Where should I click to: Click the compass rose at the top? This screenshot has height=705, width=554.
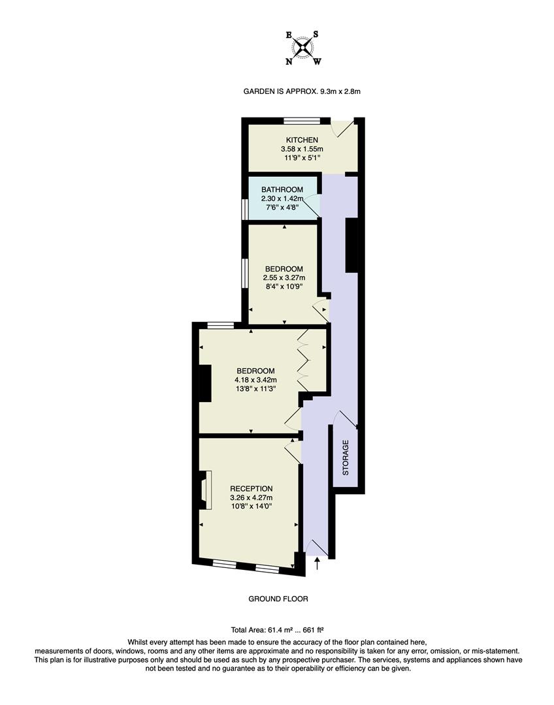pyautogui.click(x=303, y=48)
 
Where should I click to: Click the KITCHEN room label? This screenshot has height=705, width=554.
pyautogui.click(x=302, y=140)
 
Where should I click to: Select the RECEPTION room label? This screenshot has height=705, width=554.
pyautogui.click(x=251, y=488)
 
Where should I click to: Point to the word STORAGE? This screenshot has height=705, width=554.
pyautogui.click(x=346, y=457)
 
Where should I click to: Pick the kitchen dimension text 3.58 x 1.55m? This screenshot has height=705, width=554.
pyautogui.click(x=302, y=149)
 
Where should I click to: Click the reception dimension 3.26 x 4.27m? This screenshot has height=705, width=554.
pyautogui.click(x=251, y=497)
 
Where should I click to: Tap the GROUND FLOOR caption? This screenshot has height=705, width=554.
pyautogui.click(x=278, y=599)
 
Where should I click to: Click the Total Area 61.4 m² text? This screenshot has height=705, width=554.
pyautogui.click(x=278, y=630)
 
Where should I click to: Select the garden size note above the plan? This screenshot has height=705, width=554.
pyautogui.click(x=302, y=92)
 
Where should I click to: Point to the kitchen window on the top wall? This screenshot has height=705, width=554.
pyautogui.click(x=302, y=120)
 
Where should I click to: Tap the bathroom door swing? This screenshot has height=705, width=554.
pyautogui.click(x=315, y=204)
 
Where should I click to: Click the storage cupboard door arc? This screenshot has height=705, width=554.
pyautogui.click(x=344, y=419)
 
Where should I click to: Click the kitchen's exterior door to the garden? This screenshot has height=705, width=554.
pyautogui.click(x=344, y=128)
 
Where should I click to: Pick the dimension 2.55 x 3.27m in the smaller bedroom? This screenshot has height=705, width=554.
pyautogui.click(x=284, y=278)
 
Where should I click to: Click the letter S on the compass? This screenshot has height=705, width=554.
pyautogui.click(x=316, y=34)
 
